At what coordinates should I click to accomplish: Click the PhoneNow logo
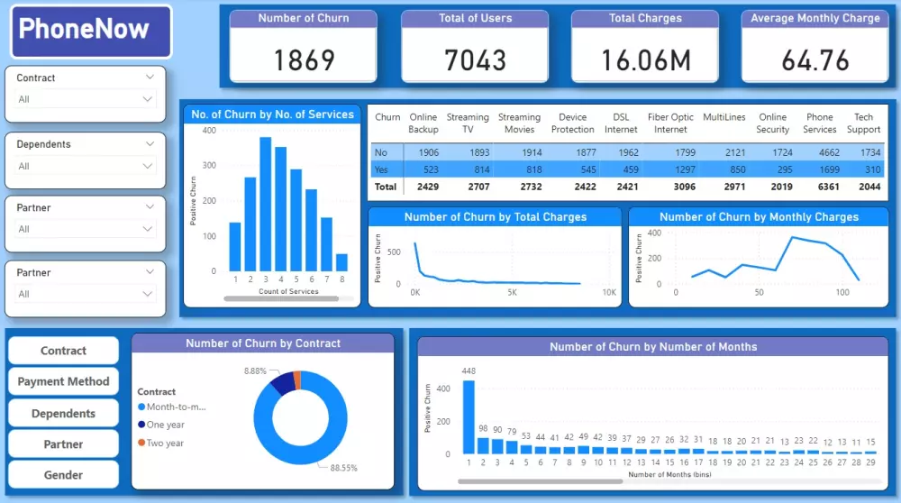91,31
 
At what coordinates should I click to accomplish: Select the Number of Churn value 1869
304,59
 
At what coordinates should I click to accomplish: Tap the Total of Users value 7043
475,59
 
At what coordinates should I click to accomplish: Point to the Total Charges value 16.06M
645,59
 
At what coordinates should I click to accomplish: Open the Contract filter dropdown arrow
150,78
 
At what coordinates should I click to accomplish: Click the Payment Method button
63,381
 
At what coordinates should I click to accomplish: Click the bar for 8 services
341,262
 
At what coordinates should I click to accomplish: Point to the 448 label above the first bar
469,370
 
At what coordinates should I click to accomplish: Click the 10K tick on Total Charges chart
609,293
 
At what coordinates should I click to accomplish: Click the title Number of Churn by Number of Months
653,346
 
